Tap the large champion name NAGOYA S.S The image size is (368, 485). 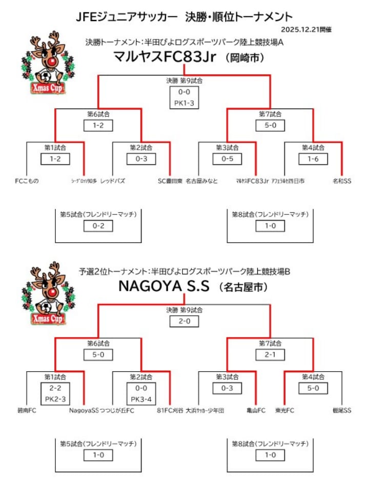tap(164, 287)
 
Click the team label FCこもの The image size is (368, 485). tap(27, 181)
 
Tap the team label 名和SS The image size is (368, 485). tap(342, 181)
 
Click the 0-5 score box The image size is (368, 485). tap(227, 159)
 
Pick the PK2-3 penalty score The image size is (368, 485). tap(55, 398)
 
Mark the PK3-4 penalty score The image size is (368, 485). tap(141, 398)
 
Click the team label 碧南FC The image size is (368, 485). tap(26, 411)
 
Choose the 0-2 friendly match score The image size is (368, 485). tap(98, 226)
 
